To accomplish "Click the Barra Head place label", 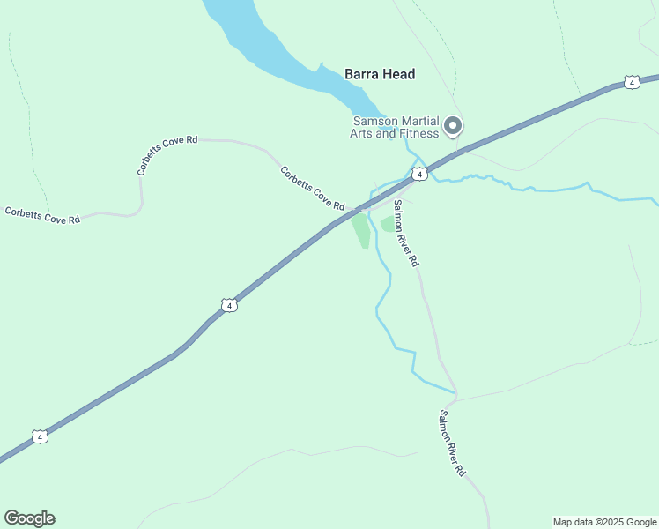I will (x=380, y=75).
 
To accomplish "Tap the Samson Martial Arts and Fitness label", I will (x=395, y=128).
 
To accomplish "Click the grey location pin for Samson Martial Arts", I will (x=453, y=126).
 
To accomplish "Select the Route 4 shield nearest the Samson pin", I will (x=421, y=175).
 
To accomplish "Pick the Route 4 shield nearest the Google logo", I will (x=39, y=436).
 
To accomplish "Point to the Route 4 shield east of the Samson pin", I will (x=631, y=82).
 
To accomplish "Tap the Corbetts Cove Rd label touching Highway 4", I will (x=312, y=188).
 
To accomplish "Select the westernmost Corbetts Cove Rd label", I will (x=42, y=214).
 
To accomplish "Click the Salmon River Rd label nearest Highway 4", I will (x=406, y=234).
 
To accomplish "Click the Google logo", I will (x=29, y=518).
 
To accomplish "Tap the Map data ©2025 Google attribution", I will (x=604, y=522).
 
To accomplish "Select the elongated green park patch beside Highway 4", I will (x=361, y=231).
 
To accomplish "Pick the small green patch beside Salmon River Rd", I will (x=388, y=224).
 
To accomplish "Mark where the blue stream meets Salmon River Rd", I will (x=455, y=391).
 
